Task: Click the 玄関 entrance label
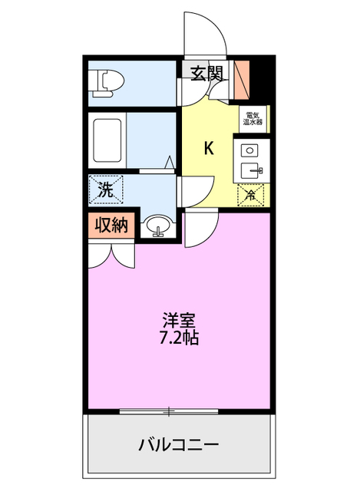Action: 206,74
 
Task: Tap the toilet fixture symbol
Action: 104,79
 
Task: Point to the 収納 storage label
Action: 111,225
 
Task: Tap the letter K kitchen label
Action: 208,148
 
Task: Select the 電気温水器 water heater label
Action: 253,117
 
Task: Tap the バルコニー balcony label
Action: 179,444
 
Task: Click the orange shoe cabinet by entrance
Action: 244,76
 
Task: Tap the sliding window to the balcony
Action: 170,412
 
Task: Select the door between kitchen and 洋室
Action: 201,226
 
